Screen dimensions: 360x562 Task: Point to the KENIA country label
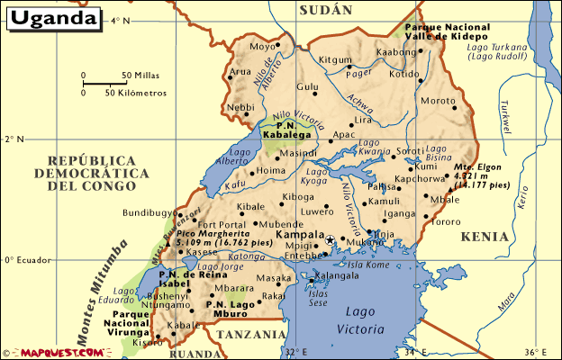[485, 237]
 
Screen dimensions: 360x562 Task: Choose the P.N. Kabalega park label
[286, 130]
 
